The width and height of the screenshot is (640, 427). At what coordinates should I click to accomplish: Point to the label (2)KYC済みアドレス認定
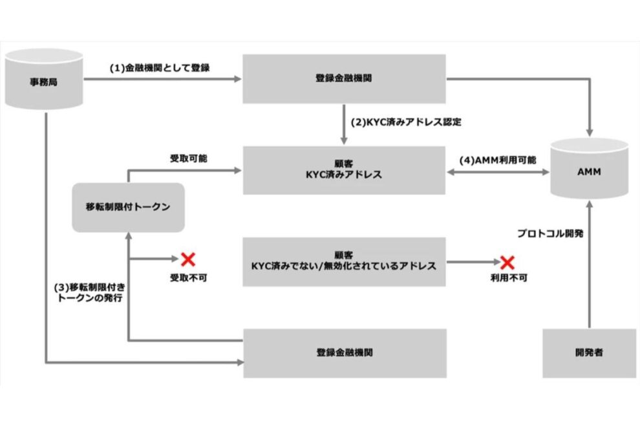tap(406, 121)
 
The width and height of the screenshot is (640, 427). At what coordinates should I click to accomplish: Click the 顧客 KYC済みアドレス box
tap(344, 170)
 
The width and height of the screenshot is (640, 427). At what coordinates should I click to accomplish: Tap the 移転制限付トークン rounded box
tap(128, 208)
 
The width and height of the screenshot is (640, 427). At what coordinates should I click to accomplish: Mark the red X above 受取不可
tap(188, 260)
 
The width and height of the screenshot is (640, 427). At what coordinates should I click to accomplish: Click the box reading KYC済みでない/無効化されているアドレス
tap(344, 261)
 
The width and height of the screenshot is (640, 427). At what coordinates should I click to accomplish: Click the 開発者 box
tap(589, 353)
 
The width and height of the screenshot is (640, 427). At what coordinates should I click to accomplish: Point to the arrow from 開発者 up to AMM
tap(589, 272)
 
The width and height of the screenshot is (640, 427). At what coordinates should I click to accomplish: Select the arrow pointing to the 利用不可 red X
tap(472, 262)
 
